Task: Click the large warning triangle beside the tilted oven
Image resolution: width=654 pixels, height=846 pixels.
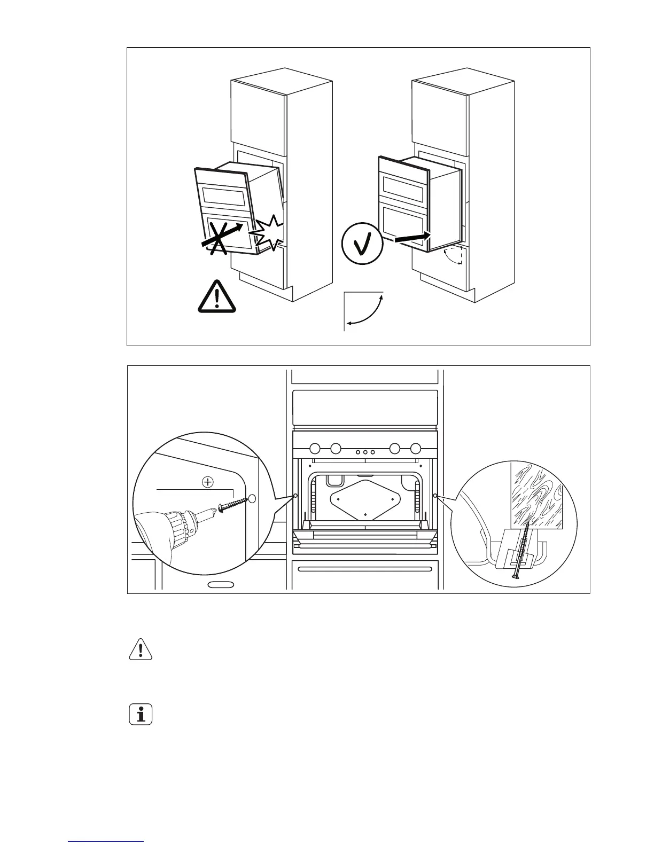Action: click(216, 297)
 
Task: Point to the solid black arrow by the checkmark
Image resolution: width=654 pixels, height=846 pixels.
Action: click(412, 237)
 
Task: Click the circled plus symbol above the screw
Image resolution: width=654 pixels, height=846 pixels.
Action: click(207, 482)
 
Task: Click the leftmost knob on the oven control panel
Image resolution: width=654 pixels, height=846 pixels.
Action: click(316, 448)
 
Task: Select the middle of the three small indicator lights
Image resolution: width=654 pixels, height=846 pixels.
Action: click(365, 452)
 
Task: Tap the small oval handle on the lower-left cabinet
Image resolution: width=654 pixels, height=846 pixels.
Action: click(221, 584)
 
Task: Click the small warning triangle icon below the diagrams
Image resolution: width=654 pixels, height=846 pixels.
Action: click(141, 649)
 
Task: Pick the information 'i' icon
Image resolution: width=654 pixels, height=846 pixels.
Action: click(141, 714)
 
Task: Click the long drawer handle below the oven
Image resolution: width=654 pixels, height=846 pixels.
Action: click(364, 568)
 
